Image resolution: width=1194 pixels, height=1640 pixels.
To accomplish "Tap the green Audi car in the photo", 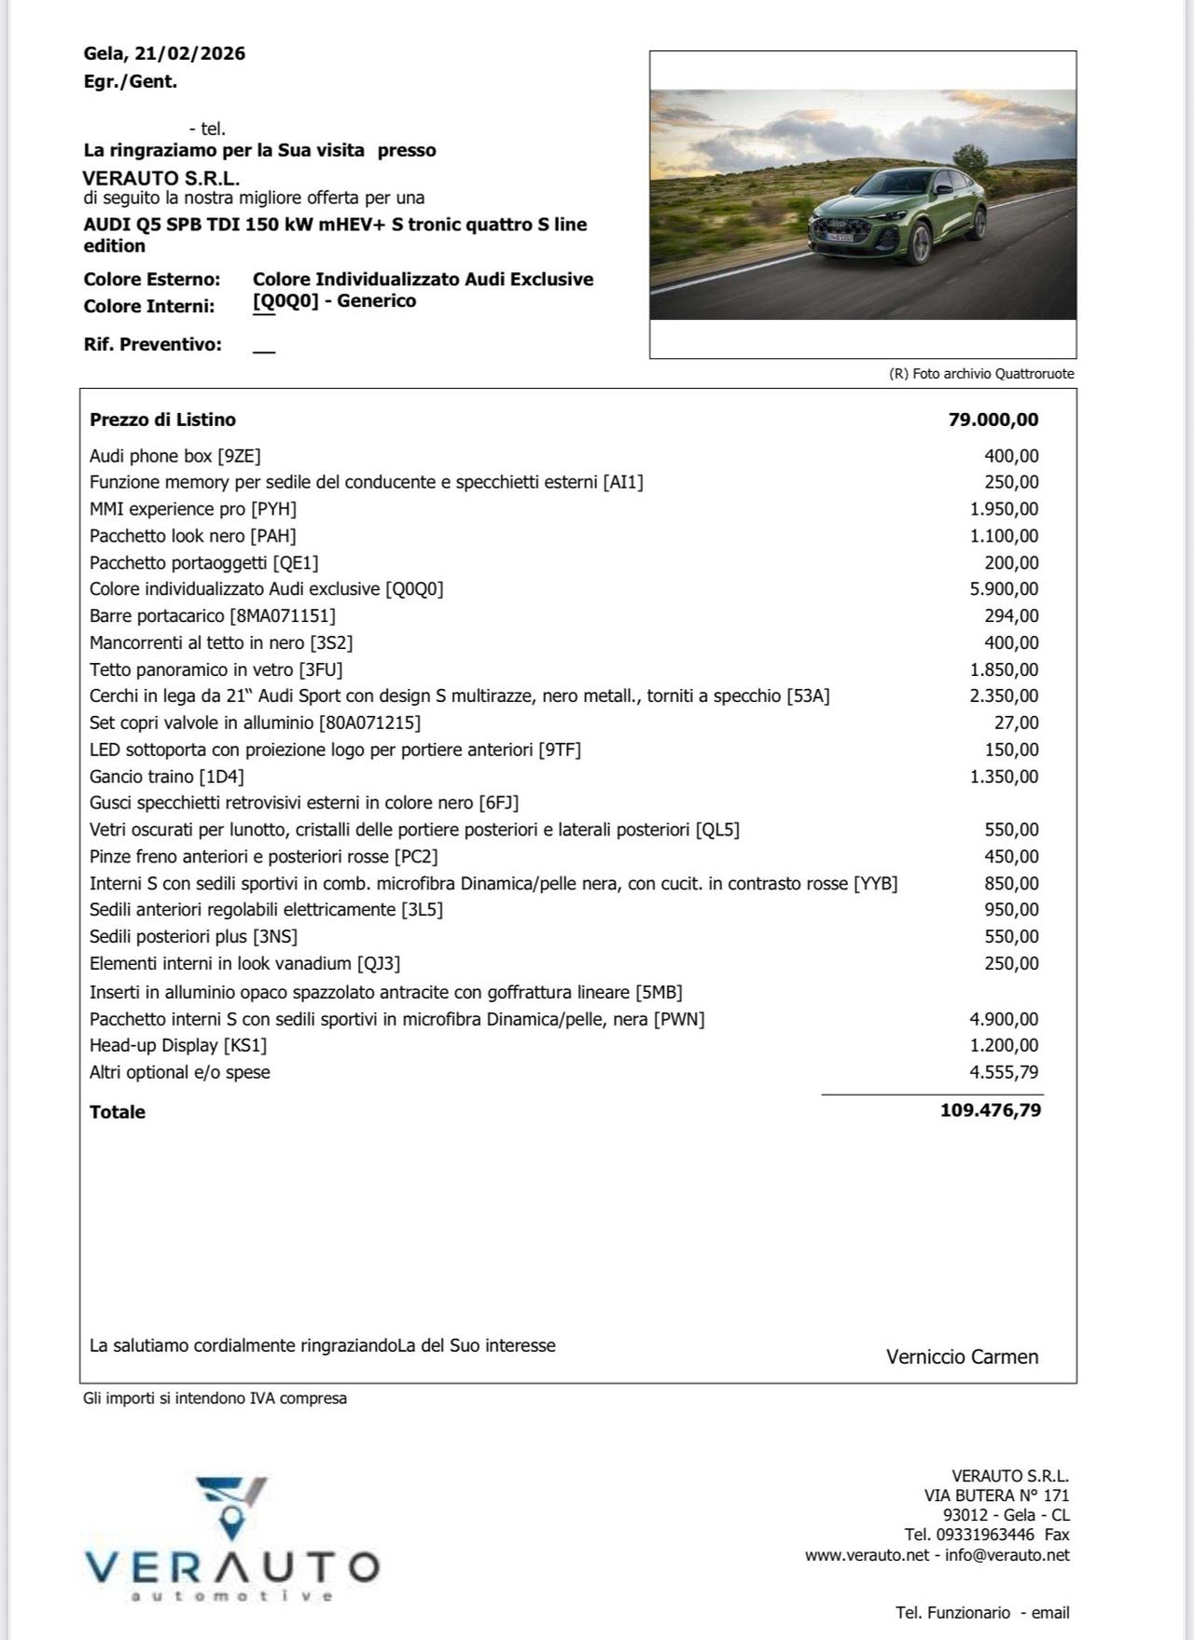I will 897,216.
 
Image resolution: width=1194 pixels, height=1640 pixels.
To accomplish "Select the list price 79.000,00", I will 993,420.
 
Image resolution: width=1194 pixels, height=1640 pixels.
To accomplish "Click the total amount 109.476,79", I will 990,1109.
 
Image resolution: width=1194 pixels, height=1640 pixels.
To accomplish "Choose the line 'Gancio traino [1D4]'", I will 167,777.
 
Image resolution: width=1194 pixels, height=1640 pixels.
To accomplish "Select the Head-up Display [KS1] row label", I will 178,1045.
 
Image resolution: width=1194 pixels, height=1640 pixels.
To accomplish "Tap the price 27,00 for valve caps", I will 1016,723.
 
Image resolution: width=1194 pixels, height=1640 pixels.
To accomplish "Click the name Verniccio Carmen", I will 962,1357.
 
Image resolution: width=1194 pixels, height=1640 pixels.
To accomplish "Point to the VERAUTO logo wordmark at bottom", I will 232,1567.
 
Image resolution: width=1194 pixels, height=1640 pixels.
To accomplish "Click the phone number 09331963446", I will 984,1535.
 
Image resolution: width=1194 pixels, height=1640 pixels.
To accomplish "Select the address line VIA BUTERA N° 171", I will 996,1495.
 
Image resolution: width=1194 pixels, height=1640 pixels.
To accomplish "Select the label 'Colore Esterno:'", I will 152,279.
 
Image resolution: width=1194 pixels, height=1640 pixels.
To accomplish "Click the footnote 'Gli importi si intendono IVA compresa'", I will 215,1399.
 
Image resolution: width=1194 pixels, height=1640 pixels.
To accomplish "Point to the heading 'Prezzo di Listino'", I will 162,420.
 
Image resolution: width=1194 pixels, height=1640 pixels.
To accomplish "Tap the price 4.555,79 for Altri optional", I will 1004,1072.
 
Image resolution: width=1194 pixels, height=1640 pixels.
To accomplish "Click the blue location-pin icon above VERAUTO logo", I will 232,1523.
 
